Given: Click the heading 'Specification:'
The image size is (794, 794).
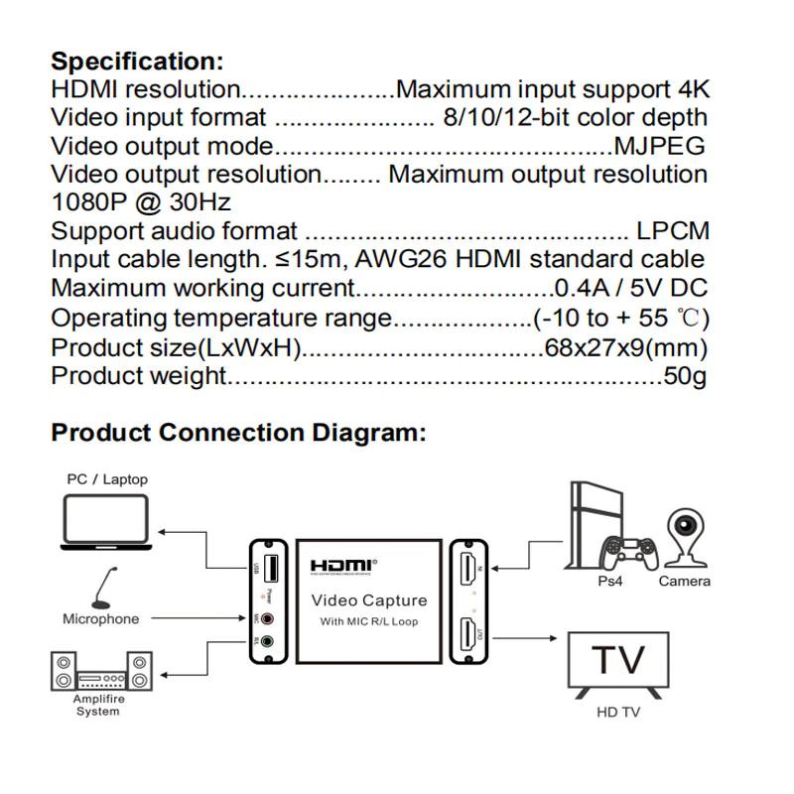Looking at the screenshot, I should point(137,62).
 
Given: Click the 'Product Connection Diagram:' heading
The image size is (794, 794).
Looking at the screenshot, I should point(238,433).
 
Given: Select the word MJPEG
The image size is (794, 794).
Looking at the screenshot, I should point(659,147).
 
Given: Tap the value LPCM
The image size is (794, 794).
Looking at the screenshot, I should point(673,232).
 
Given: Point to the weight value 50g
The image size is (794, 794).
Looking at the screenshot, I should point(685,376).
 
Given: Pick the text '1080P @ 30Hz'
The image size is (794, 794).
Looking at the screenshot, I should point(141,203).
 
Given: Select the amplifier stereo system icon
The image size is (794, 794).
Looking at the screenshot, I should point(100,672).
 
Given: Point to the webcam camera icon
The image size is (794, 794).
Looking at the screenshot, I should point(685,537).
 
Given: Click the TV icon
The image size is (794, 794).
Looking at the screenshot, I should point(618,663).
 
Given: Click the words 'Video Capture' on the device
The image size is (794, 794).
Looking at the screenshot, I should point(369,600).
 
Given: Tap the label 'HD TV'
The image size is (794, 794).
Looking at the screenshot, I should point(618,712).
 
